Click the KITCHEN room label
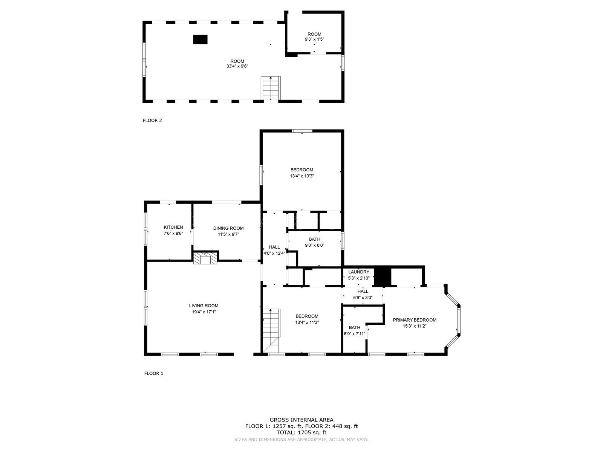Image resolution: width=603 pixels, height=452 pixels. [173, 227]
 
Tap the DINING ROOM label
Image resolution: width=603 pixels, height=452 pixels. [228, 228]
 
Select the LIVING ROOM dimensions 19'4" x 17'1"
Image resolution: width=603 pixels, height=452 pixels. [204, 312]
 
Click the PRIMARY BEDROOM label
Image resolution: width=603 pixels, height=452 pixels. [415, 320]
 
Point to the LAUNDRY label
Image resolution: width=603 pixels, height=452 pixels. [359, 272]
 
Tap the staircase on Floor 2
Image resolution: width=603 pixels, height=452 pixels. [271, 88]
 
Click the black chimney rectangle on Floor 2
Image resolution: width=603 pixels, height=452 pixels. [200, 39]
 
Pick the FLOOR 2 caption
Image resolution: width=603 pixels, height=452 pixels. [152, 121]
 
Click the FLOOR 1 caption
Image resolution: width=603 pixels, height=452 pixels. [154, 374]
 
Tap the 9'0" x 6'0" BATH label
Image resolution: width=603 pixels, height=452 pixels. [314, 239]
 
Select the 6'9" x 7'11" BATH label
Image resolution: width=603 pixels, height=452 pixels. [354, 328]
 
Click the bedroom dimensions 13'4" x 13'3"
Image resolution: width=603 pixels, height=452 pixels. [301, 176]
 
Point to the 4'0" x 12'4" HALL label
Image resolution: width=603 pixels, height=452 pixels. [274, 247]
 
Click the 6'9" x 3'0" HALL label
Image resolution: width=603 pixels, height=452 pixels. [363, 292]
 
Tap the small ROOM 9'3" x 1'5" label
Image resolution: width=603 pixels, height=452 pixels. [314, 34]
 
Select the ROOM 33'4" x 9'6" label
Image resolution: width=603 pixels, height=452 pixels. [237, 61]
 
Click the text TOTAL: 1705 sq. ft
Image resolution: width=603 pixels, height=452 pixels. [301, 433]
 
